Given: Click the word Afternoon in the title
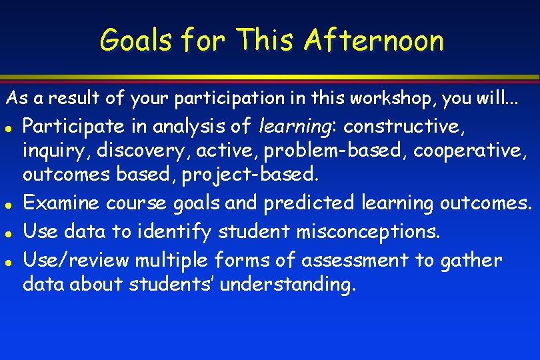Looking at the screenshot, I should tap(373, 41).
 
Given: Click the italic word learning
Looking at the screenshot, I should tap(299, 125).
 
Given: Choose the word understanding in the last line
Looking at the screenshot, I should tap(288, 285).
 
